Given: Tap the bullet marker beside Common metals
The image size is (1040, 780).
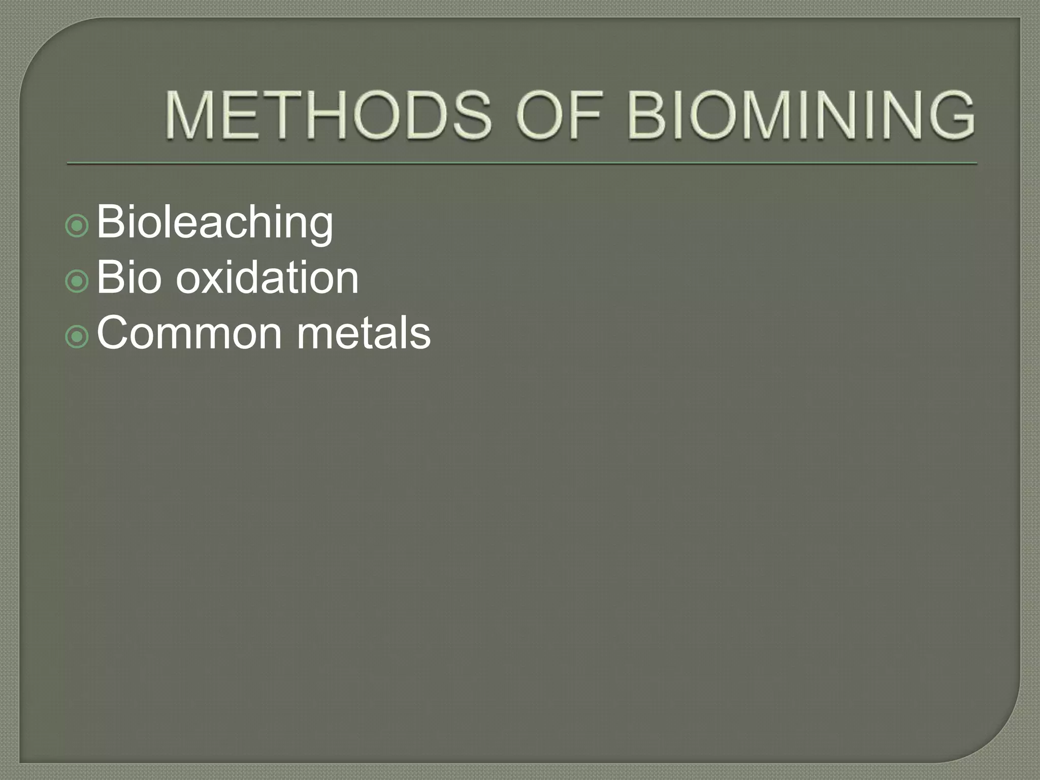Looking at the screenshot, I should coord(77,337).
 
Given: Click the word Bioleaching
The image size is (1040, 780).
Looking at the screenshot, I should coord(214,222).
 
